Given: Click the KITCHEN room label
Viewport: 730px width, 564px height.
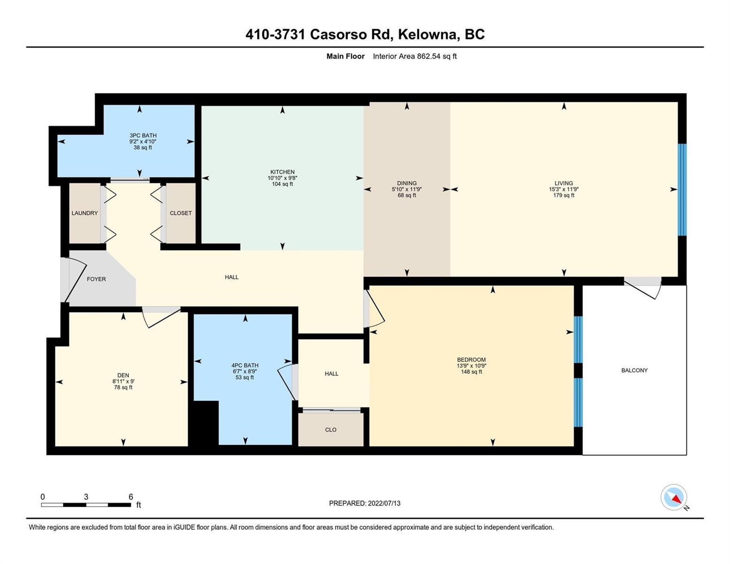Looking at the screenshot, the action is (x=282, y=172).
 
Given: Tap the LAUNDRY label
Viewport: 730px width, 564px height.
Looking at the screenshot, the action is (x=85, y=213).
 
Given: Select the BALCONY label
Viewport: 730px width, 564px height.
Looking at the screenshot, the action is (x=634, y=370).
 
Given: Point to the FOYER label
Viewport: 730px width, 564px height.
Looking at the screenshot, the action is (x=96, y=279).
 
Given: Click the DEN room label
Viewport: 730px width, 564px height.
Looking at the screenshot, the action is (x=123, y=375).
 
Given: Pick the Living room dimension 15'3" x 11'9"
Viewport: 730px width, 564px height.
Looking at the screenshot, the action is (x=564, y=189).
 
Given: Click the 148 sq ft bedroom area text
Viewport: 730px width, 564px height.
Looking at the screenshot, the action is (x=471, y=371).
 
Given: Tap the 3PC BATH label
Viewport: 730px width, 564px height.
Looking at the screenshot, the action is (x=143, y=135).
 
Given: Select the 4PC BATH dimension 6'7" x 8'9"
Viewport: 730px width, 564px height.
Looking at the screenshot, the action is (x=244, y=371).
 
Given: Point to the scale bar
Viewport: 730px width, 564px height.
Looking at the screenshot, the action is (x=86, y=504).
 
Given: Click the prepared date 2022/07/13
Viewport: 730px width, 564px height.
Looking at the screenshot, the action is (x=384, y=503).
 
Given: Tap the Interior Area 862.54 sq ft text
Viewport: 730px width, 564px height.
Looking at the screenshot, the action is (x=415, y=56).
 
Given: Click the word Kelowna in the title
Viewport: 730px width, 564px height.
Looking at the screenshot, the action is (x=429, y=35).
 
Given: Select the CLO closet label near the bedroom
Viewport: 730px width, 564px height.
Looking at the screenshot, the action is (x=330, y=430).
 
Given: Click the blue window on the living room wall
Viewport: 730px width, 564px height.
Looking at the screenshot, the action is (x=682, y=190).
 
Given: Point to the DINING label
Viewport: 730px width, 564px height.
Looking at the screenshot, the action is (x=407, y=183).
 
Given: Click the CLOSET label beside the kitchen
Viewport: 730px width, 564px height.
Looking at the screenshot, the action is (x=181, y=213).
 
